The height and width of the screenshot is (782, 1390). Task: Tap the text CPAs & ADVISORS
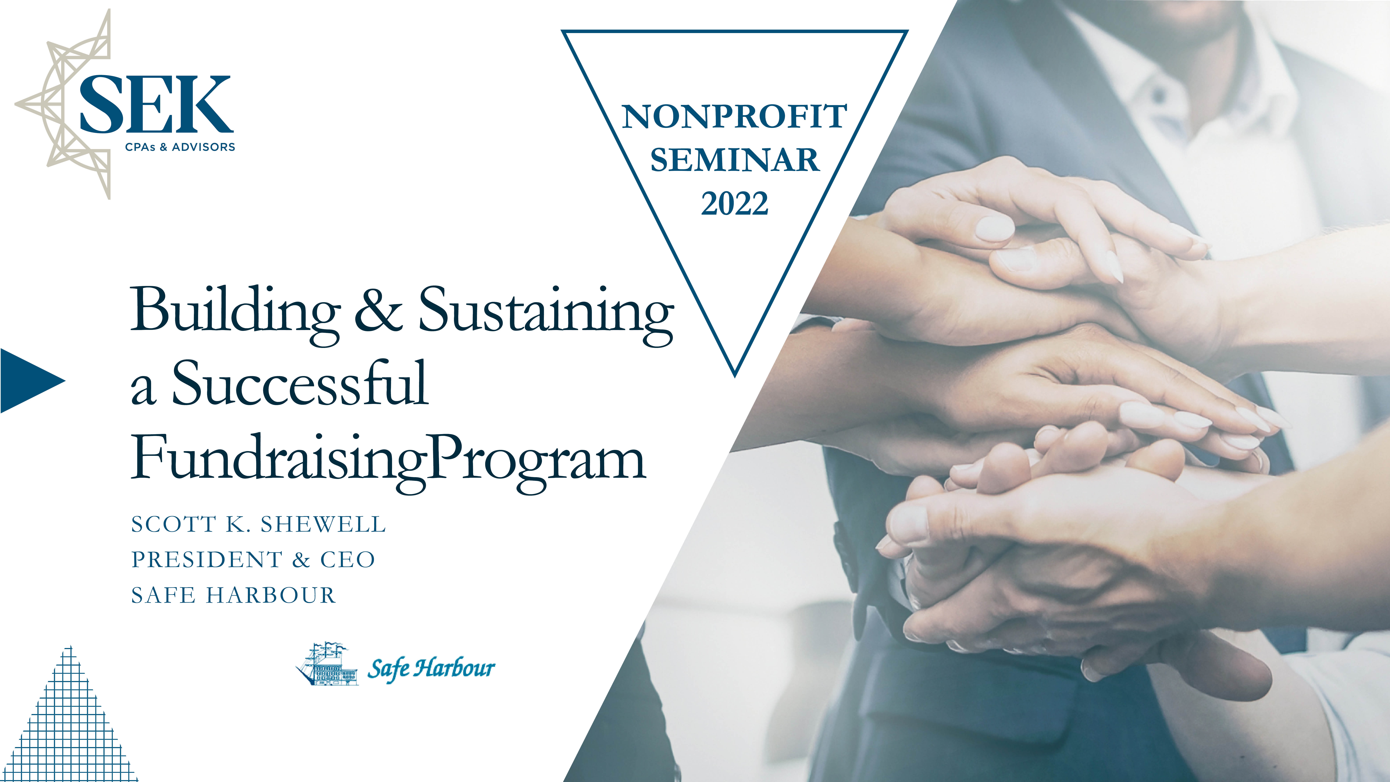(x=180, y=147)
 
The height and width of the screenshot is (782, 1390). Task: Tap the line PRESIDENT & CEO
(x=253, y=560)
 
